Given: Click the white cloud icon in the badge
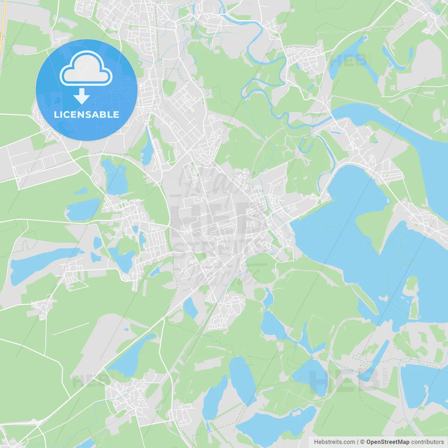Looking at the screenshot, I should pyautogui.click(x=86, y=69).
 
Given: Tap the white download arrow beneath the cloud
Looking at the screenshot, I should pyautogui.click(x=82, y=96).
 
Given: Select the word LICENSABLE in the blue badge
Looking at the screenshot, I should pyautogui.click(x=86, y=114).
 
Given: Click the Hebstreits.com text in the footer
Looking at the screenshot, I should pyautogui.click(x=334, y=442).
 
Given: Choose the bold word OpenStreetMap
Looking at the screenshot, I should pyautogui.click(x=388, y=442).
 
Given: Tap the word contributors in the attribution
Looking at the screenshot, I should pyautogui.click(x=427, y=442).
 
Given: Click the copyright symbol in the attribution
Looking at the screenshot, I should pyautogui.click(x=363, y=442).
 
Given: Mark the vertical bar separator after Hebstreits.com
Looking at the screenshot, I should pyautogui.click(x=358, y=442).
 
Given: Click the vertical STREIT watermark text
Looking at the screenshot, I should pyautogui.click(x=385, y=378).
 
